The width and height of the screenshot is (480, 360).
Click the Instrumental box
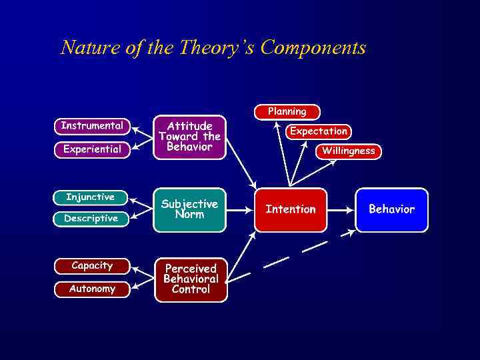(x=91, y=125)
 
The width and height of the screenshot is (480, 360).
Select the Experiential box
(x=92, y=149)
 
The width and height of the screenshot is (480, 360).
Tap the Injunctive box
(x=90, y=197)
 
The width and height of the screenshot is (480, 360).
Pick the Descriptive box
(x=91, y=219)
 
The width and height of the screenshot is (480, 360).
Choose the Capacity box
(x=92, y=265)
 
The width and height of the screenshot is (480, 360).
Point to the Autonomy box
(x=92, y=289)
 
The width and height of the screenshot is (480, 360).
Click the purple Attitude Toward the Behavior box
(x=189, y=137)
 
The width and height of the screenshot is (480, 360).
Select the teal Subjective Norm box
(x=189, y=209)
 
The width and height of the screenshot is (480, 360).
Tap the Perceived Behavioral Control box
(x=191, y=279)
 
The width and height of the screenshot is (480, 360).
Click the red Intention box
(x=291, y=209)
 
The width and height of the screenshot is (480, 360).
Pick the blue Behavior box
(x=391, y=209)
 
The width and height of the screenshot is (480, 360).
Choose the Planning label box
(x=287, y=112)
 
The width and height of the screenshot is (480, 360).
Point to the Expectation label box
(x=318, y=131)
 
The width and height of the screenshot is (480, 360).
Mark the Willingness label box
(x=348, y=151)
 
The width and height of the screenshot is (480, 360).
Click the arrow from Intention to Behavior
(x=341, y=209)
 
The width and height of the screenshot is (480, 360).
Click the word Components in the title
(x=313, y=48)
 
